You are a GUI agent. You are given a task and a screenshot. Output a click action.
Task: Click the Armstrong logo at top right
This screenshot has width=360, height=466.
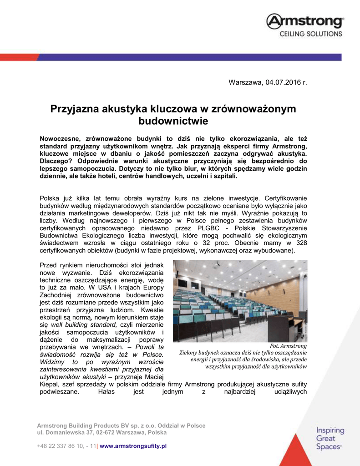(x=304, y=21)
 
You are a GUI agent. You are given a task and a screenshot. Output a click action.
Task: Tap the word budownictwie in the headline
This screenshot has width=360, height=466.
(x=173, y=121)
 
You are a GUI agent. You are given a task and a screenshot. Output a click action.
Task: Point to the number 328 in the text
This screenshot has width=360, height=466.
(x=300, y=243)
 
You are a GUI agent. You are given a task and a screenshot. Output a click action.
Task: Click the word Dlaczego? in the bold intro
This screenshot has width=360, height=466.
(x=56, y=161)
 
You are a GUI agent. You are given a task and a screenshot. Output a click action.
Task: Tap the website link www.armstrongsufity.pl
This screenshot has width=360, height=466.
(x=133, y=446)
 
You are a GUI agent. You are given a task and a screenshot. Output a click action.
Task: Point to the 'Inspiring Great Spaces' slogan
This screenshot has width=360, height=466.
(x=330, y=438)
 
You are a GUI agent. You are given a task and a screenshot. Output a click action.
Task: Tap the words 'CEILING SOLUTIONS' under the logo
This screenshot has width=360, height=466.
(x=310, y=34)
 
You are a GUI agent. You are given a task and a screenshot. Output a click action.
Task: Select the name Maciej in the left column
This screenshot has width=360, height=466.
(x=153, y=377)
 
